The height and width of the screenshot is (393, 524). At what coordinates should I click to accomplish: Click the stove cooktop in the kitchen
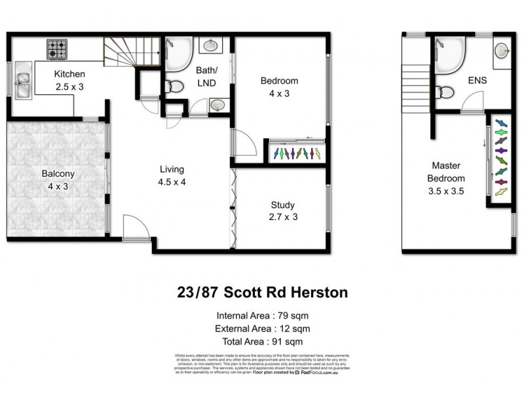point(56,48)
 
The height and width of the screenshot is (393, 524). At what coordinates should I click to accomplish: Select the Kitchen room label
point(69,74)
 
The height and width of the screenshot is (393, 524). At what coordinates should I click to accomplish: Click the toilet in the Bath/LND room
point(174,86)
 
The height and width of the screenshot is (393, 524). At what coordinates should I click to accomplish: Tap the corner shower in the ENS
point(449,52)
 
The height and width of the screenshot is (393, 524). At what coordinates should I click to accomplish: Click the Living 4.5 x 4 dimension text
point(172,182)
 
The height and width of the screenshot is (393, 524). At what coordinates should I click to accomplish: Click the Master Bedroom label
point(446,172)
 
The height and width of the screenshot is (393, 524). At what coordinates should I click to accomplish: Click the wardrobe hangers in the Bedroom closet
point(298,154)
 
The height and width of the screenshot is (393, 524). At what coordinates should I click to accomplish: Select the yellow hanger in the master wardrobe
point(501,192)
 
